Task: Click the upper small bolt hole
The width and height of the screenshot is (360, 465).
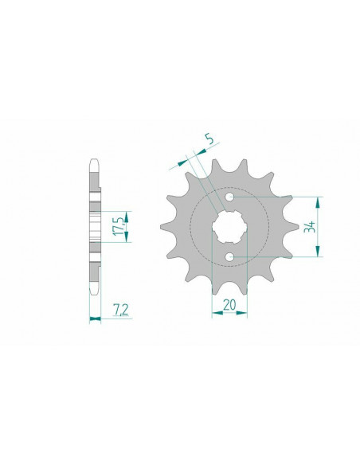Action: [x=229, y=196]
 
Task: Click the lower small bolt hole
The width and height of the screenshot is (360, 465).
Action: [x=229, y=256]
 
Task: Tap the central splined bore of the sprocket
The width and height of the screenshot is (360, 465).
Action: [x=229, y=226]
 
